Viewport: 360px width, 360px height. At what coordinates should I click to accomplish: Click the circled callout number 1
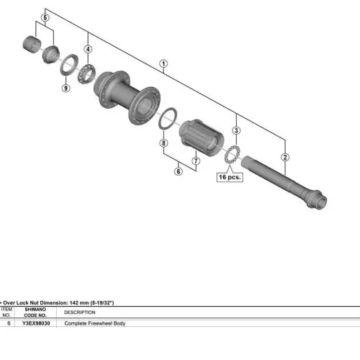coord(163,64)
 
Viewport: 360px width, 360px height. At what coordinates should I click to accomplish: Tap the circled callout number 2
coord(285,158)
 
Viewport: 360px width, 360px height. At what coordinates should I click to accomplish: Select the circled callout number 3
coord(236,130)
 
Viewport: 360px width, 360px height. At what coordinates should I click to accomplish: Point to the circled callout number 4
coord(88,49)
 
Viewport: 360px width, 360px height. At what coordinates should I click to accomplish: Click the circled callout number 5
coord(45,17)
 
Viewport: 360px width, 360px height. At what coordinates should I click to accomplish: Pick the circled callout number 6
coord(179,171)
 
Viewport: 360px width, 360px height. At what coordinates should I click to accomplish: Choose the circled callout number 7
coord(196,161)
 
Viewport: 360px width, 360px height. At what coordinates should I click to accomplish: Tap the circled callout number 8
coord(163,143)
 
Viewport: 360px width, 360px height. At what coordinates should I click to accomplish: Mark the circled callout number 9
coord(66,88)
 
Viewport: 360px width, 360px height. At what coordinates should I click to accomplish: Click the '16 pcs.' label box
coord(230,177)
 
